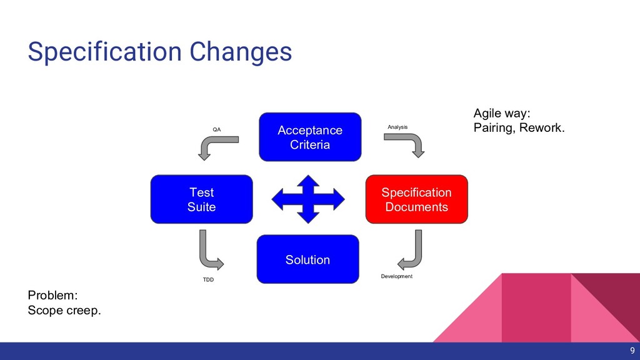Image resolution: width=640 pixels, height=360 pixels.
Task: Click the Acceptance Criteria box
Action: click(x=310, y=137)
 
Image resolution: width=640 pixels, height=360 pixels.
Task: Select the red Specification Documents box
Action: click(x=416, y=199)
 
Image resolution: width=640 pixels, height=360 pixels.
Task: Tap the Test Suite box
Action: click(x=201, y=199)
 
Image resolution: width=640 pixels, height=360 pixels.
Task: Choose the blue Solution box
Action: click(x=307, y=259)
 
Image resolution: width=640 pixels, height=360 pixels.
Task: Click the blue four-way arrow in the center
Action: click(x=307, y=199)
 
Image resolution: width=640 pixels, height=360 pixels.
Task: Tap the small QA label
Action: click(x=217, y=129)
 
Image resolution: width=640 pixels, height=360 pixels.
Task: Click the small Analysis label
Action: click(x=397, y=127)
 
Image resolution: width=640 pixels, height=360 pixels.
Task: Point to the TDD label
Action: click(x=208, y=279)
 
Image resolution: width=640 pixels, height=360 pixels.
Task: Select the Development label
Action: click(x=397, y=276)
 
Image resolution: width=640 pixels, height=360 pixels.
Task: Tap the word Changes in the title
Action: click(x=241, y=52)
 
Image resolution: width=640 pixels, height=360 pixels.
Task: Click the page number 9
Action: click(x=632, y=351)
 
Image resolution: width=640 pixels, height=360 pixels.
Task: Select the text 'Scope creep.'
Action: click(x=64, y=311)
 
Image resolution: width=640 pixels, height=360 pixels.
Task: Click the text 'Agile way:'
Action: click(x=502, y=113)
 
